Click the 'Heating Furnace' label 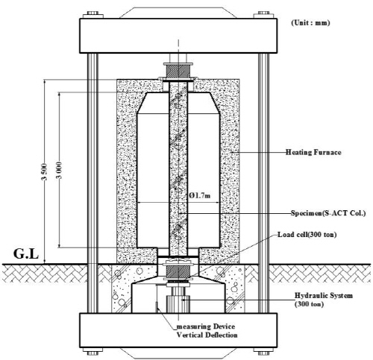[x=313, y=152]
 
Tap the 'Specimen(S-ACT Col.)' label [x=328, y=213]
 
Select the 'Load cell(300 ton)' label [x=307, y=234]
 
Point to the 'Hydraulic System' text [x=324, y=296]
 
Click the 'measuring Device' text [x=206, y=326]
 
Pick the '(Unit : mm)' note [x=310, y=22]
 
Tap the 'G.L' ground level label [x=26, y=254]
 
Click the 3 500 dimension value [x=44, y=171]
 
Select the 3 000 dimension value [x=59, y=170]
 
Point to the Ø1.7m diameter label [x=199, y=195]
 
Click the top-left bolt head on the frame [x=93, y=14]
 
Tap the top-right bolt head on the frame [x=263, y=14]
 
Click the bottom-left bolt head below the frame [x=93, y=352]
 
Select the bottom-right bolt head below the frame [x=263, y=352]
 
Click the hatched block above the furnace [x=178, y=71]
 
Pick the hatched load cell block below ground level [x=178, y=271]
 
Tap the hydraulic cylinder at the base [x=178, y=303]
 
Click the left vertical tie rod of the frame [x=93, y=183]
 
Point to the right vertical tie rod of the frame [x=263, y=183]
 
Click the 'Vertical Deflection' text [x=207, y=335]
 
